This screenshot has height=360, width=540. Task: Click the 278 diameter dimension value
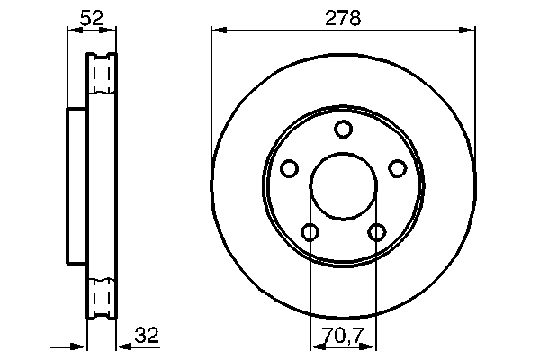(343, 18)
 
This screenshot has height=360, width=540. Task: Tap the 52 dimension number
(91, 18)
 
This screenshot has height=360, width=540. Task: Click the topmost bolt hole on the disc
(343, 130)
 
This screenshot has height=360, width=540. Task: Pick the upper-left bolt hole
(289, 168)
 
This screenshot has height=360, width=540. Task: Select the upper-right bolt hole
(397, 168)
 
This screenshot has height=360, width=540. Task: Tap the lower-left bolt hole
(310, 233)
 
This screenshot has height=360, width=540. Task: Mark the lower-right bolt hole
(376, 233)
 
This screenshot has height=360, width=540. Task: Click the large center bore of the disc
(343, 187)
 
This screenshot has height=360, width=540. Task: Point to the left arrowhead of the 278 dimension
(217, 31)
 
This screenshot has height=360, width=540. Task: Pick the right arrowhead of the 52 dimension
(112, 31)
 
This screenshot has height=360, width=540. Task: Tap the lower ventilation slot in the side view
(102, 297)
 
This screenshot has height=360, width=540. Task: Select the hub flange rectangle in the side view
(77, 185)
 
